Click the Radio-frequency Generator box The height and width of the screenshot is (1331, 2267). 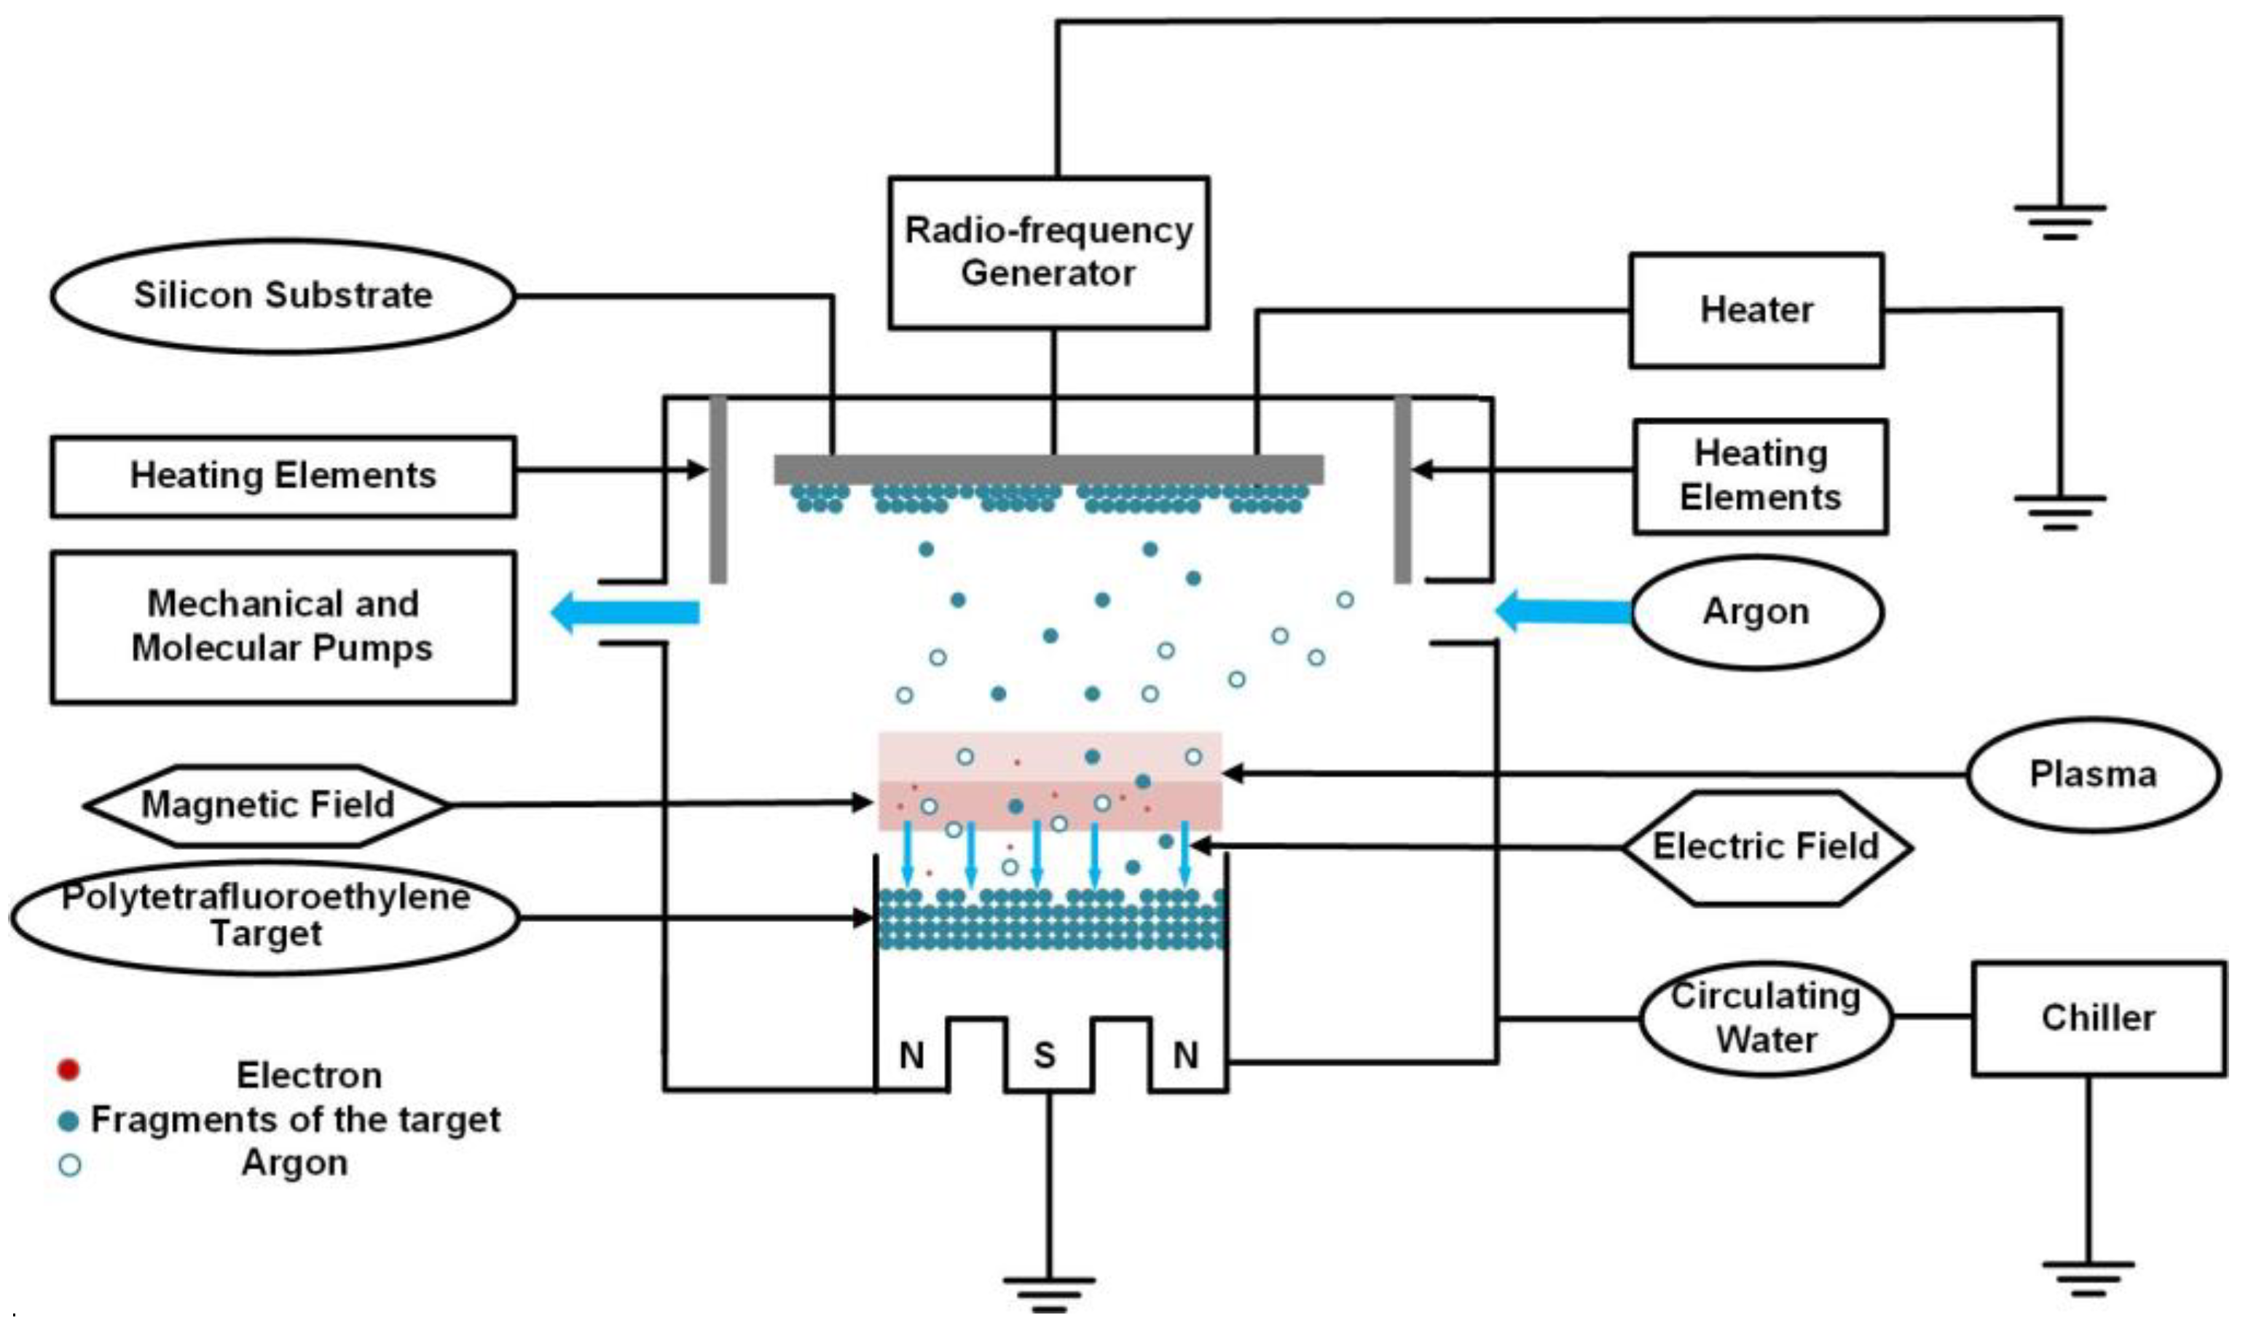[x=1048, y=252]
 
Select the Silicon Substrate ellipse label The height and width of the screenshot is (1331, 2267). [x=283, y=295]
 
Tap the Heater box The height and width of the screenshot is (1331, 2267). [x=1756, y=311]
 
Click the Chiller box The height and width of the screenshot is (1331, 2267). [x=2098, y=1018]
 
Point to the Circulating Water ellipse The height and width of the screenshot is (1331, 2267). [x=1765, y=1018]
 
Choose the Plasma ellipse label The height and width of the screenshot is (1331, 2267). [x=2092, y=774]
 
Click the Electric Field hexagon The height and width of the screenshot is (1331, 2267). [x=1766, y=847]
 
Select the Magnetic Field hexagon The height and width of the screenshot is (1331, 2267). [x=267, y=805]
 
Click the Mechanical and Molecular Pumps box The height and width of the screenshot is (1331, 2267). [x=283, y=626]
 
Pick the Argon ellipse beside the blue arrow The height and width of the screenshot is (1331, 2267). [x=1756, y=612]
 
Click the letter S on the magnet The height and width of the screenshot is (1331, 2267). [x=1045, y=1055]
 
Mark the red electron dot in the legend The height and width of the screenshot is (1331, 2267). [x=68, y=1070]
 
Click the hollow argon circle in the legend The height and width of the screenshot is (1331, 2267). [x=69, y=1166]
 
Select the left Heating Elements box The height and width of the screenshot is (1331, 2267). [x=283, y=476]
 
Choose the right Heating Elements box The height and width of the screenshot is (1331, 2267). [x=1760, y=476]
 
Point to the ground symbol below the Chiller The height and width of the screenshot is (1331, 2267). [x=2088, y=1278]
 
